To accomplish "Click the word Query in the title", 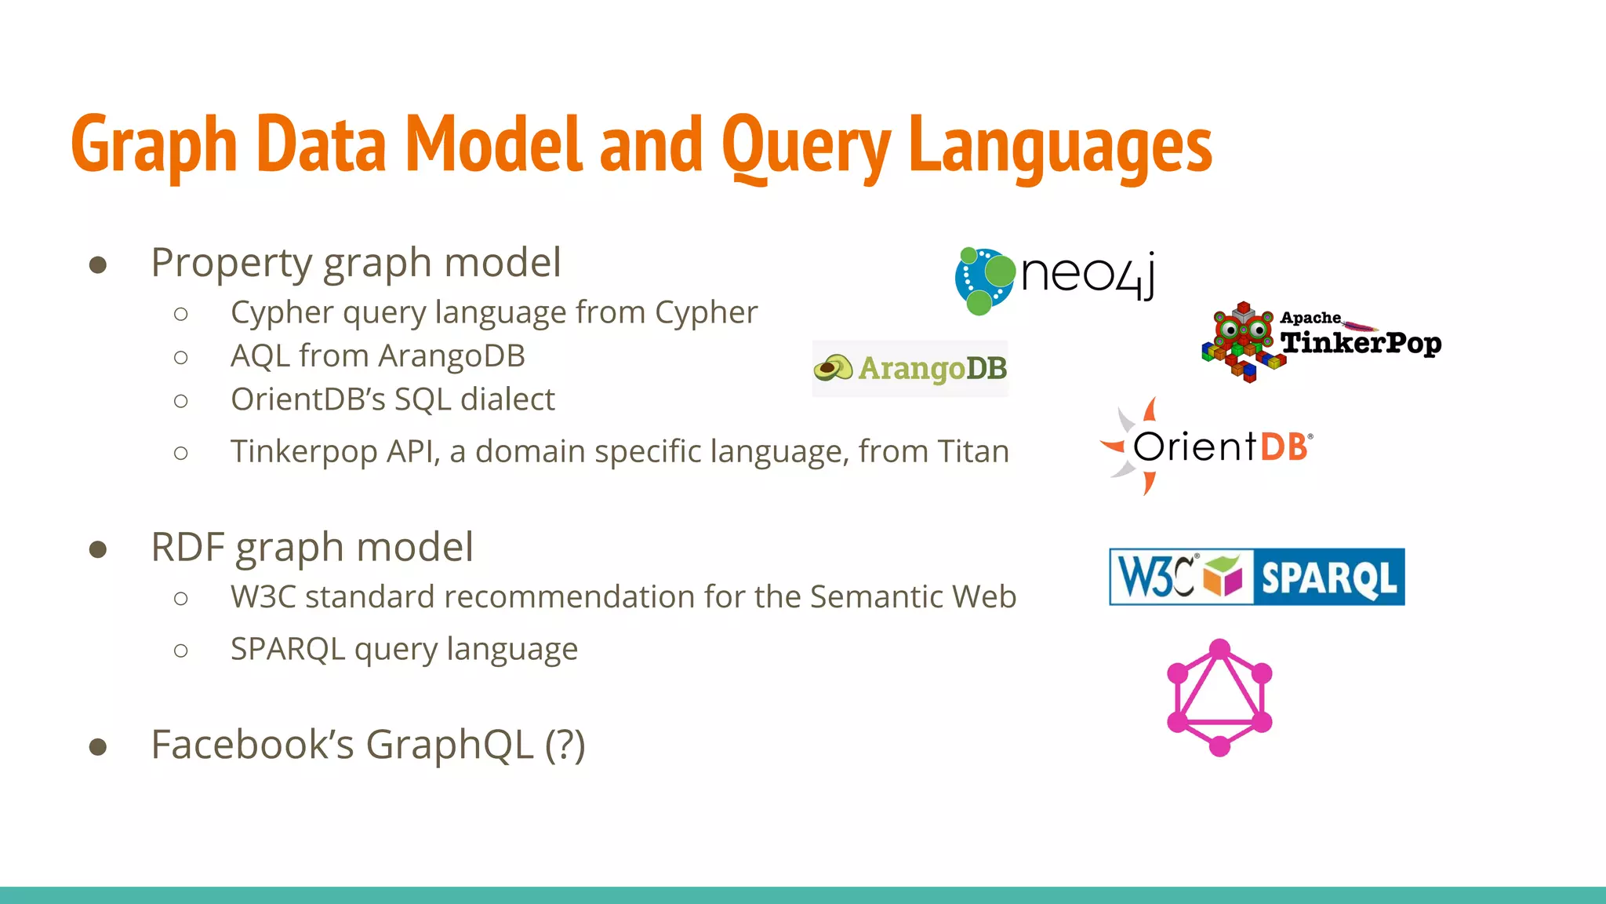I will [805, 145].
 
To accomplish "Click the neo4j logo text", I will [1088, 275].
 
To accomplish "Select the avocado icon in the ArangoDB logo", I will [833, 368].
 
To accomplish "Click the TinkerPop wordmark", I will [1361, 343].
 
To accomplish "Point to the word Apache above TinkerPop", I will [1310, 318].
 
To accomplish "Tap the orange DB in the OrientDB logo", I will [1284, 447].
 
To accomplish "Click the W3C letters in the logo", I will [1155, 578].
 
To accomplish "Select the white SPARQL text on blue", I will [1328, 578].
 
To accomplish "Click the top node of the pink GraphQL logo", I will [1219, 649].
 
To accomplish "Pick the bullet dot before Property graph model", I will [98, 264].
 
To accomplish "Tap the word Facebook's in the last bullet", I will [253, 744].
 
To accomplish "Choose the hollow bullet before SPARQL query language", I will [181, 651].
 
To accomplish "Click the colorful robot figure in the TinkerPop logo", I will [1243, 341].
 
